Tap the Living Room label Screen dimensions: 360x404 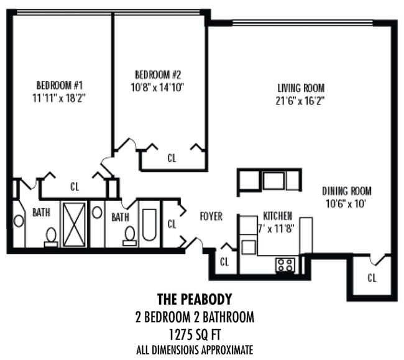tap(301, 88)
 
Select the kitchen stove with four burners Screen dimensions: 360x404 tap(285, 265)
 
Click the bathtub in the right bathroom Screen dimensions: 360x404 tap(150, 224)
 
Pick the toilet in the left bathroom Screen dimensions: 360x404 tap(51, 236)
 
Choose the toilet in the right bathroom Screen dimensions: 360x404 tap(130, 236)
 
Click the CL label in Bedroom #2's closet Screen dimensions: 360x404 tap(172, 159)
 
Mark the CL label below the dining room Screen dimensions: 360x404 tap(372, 278)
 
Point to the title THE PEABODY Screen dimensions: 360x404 tap(195, 300)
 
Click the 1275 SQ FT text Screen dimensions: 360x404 tap(195, 333)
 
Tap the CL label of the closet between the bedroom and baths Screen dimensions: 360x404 tap(75, 186)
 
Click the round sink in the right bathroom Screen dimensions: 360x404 tap(97, 212)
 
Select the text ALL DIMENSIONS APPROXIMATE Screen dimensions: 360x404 tap(195, 349)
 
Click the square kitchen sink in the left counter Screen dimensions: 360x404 tap(249, 247)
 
